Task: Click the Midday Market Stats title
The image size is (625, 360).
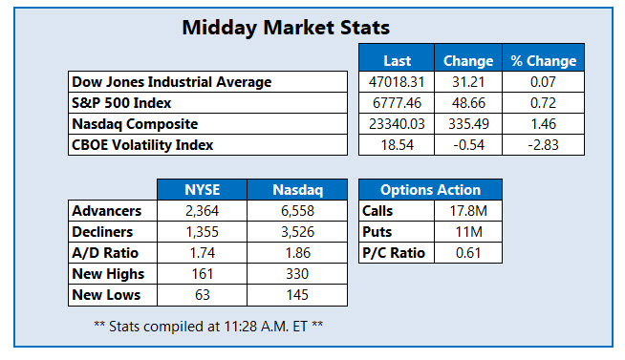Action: tap(286, 28)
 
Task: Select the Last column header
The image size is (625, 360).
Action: tap(396, 61)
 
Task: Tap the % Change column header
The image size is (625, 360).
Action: tap(543, 61)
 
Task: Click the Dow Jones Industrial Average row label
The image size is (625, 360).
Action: tap(170, 82)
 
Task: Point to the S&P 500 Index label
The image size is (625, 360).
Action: tap(123, 103)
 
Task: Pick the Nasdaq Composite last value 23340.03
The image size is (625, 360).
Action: tap(396, 124)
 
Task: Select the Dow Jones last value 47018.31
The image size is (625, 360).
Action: tap(396, 82)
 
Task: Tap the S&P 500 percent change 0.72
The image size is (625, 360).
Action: tap(543, 103)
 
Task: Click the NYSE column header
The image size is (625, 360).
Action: tap(201, 189)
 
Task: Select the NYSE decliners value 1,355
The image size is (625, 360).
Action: tap(201, 231)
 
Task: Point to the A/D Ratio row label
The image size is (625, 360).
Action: tap(105, 253)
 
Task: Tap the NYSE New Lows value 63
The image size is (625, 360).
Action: tap(201, 295)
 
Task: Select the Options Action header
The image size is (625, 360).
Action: tap(430, 189)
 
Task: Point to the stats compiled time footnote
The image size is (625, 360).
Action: tap(209, 327)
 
